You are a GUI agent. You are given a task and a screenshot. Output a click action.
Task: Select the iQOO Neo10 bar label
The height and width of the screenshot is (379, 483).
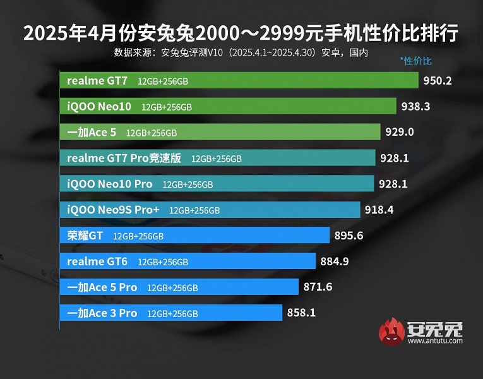(x=99, y=107)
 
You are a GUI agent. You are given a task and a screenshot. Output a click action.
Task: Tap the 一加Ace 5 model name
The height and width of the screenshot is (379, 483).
(x=92, y=133)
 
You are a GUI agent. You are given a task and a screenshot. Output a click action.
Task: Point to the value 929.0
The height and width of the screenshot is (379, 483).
(x=400, y=133)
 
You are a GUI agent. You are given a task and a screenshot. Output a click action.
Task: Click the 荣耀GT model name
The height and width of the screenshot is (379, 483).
(x=85, y=236)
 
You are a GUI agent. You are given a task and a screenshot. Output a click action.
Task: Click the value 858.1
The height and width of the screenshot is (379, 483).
(x=301, y=313)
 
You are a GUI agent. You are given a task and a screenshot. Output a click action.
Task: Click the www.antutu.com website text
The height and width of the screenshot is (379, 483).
(x=435, y=341)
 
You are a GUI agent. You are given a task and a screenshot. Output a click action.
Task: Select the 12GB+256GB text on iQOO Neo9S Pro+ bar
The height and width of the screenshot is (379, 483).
(x=194, y=210)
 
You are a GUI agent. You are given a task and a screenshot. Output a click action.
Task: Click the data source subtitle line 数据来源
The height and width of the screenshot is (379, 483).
(x=241, y=52)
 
